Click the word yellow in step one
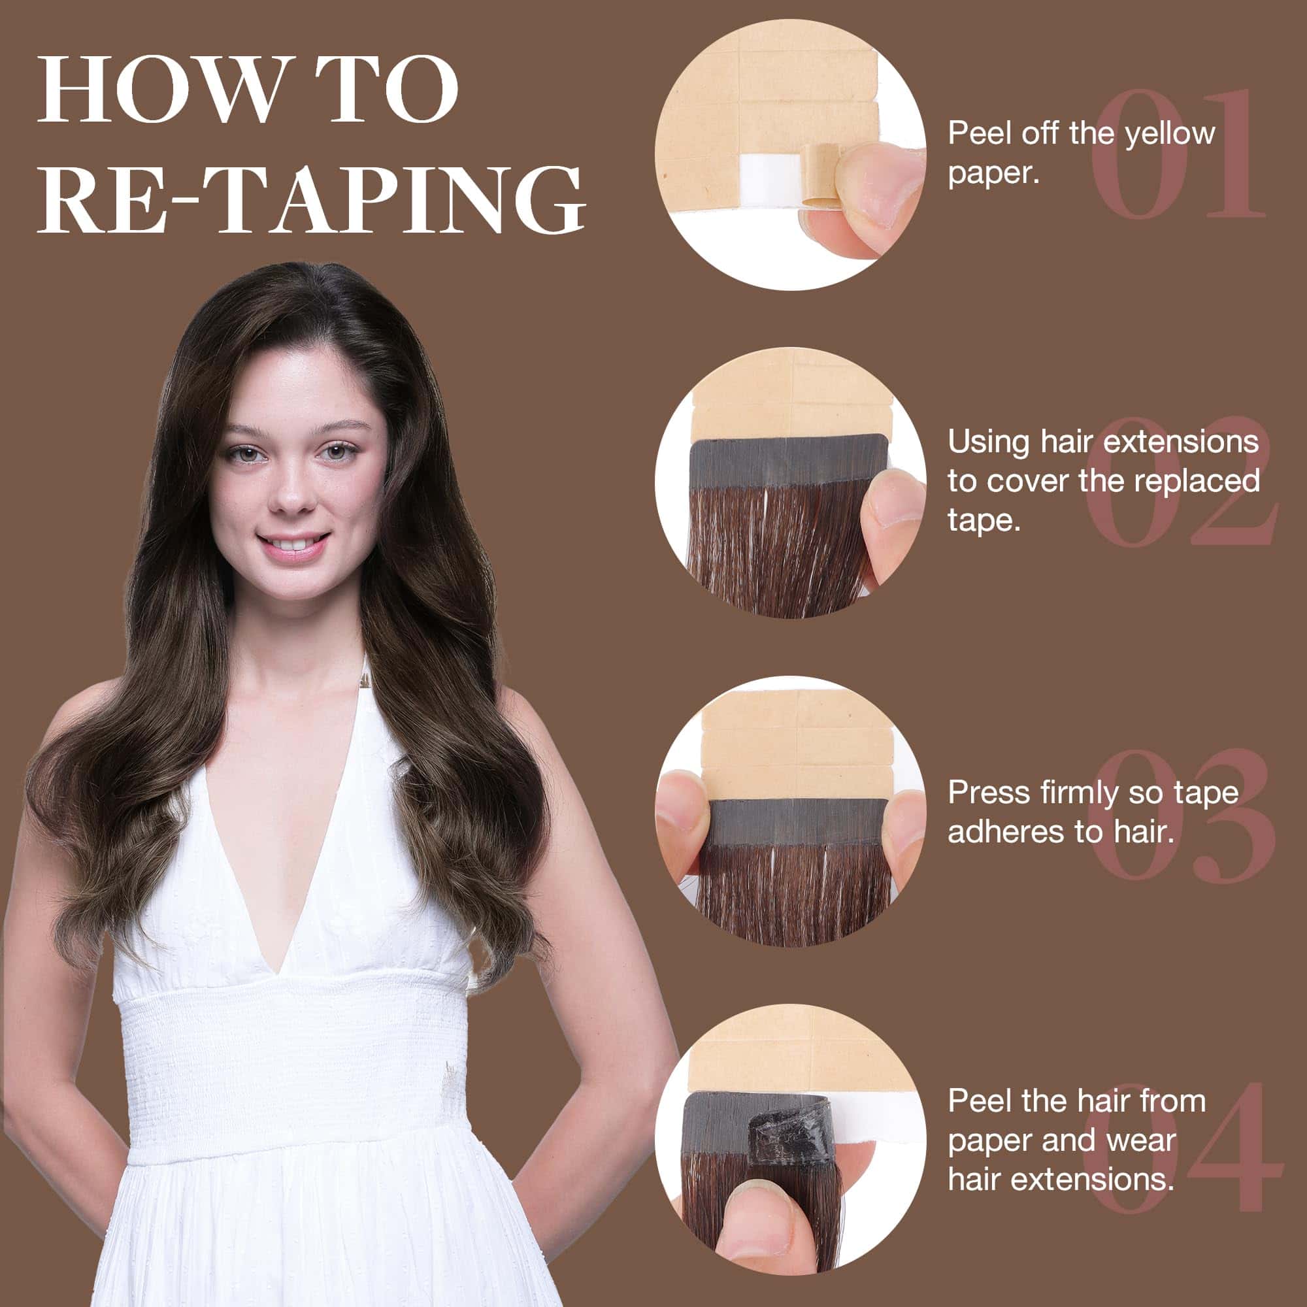(1170, 135)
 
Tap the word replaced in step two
(1197, 481)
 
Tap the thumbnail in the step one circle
(893, 196)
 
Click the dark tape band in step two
(789, 459)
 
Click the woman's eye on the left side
(242, 454)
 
